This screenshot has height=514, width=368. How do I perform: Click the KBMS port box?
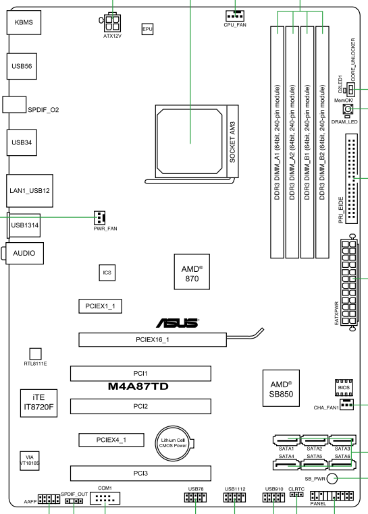tap(24, 22)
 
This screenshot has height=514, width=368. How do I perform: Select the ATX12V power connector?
tap(112, 23)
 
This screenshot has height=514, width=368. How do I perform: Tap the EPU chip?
tap(147, 29)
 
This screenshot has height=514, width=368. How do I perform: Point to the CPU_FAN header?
tap(235, 16)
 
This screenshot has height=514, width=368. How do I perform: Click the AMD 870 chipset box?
tap(192, 271)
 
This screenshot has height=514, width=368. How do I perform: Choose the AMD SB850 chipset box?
tap(281, 388)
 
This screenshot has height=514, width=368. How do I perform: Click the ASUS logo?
tap(178, 323)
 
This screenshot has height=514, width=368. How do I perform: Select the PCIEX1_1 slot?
tap(100, 306)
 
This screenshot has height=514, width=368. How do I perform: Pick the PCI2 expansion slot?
tap(140, 406)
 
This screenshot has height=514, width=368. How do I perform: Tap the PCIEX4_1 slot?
tap(111, 440)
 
